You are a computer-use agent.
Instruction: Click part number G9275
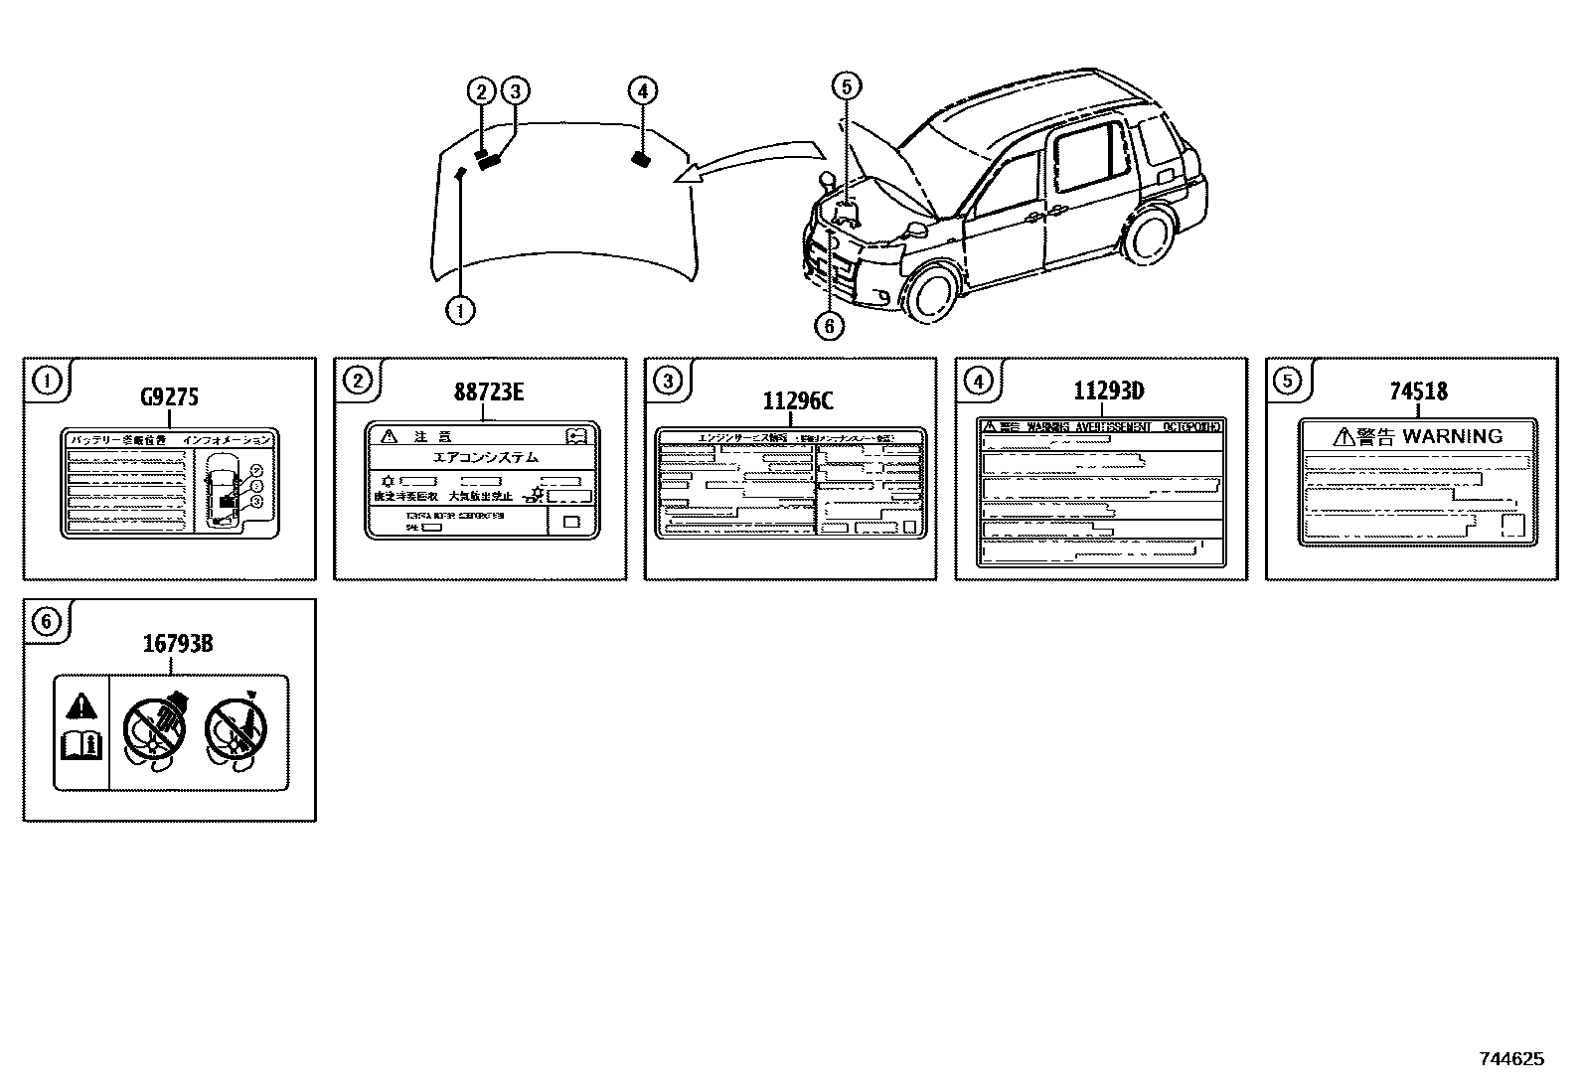(x=169, y=397)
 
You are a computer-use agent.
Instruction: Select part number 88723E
(x=489, y=391)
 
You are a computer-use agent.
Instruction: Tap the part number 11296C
(x=798, y=401)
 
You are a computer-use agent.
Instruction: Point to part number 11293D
(x=1107, y=390)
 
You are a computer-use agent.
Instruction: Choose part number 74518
(x=1418, y=391)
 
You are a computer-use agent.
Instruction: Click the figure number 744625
(x=1511, y=1059)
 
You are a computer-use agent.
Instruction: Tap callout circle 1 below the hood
(x=460, y=310)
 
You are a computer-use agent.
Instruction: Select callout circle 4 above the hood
(x=643, y=91)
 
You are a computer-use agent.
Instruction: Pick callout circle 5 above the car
(x=847, y=86)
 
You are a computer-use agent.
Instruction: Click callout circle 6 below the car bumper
(x=828, y=325)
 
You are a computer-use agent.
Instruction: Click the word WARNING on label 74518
(x=1452, y=436)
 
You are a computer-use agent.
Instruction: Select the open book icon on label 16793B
(x=81, y=746)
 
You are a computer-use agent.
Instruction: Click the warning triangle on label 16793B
(x=81, y=706)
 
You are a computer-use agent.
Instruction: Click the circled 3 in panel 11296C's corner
(x=668, y=380)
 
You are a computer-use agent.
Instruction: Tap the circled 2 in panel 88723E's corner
(x=357, y=380)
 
